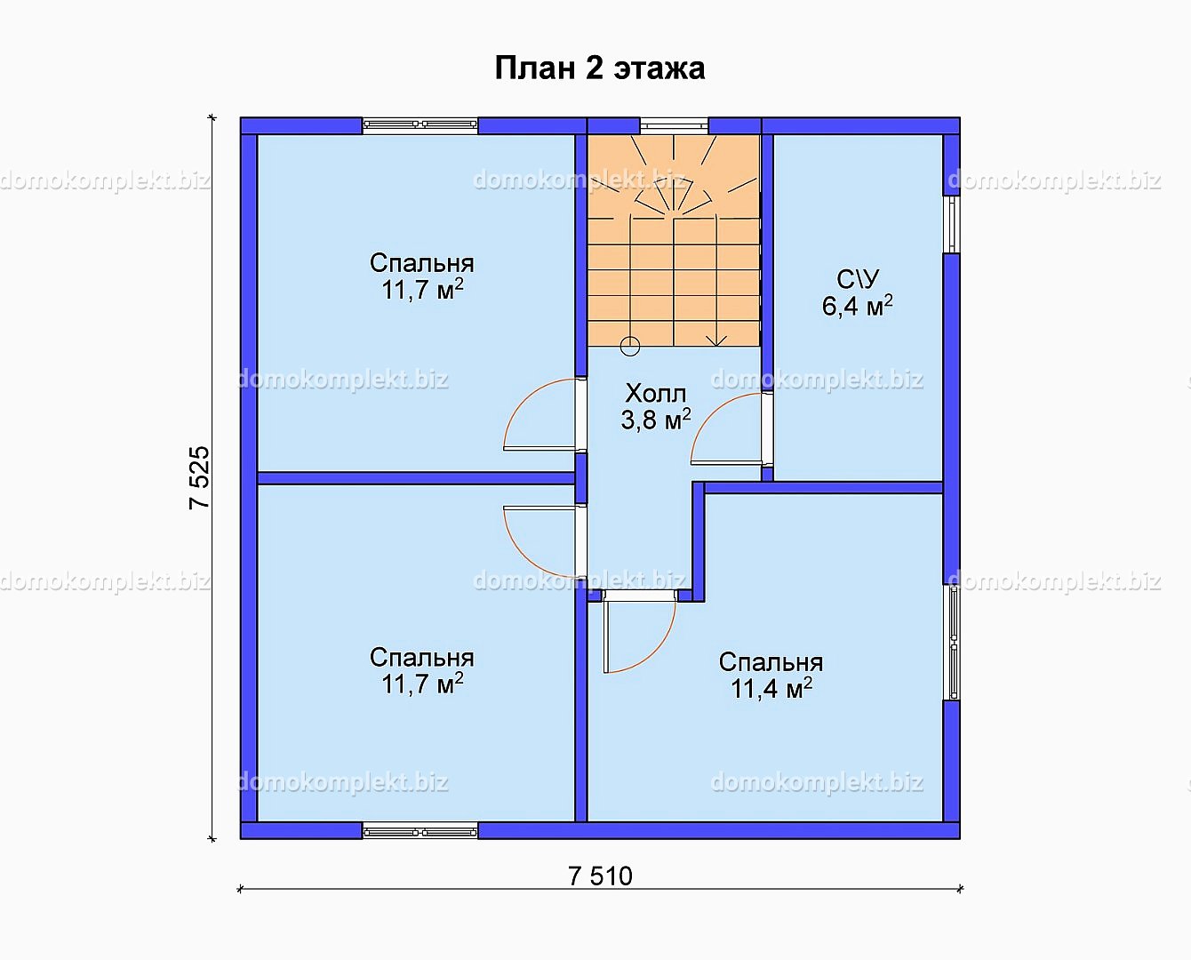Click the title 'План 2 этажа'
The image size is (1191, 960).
(x=599, y=68)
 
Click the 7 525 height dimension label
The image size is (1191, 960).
(x=199, y=478)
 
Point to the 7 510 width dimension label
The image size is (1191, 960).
(x=600, y=876)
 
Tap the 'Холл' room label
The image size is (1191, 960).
(x=655, y=394)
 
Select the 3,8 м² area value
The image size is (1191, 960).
(x=655, y=420)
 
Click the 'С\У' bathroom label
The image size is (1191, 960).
(x=858, y=280)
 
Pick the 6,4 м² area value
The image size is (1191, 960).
(x=858, y=306)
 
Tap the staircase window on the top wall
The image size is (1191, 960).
(x=674, y=125)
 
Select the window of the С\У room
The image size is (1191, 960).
(x=952, y=224)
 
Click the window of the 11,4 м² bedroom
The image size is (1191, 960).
(x=952, y=643)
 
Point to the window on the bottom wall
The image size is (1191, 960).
(x=420, y=831)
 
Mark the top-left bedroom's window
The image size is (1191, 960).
(x=420, y=125)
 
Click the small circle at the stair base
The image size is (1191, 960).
(x=630, y=347)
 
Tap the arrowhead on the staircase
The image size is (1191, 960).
(x=716, y=340)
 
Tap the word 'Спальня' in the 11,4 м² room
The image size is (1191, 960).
(x=771, y=663)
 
